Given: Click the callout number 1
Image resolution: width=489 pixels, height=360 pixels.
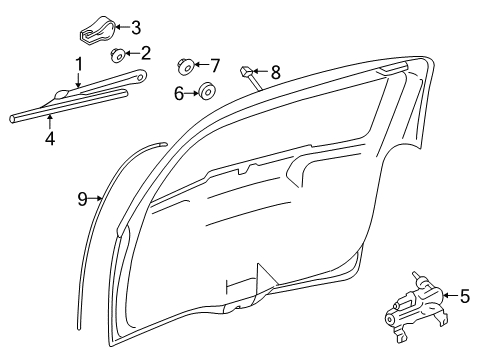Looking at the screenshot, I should [76, 66].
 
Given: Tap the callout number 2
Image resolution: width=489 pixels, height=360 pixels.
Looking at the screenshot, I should [146, 53].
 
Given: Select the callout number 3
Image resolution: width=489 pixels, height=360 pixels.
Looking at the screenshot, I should [136, 27].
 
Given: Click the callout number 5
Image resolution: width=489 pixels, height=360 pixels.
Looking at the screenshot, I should [464, 296].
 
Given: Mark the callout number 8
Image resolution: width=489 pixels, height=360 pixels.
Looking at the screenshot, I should [275, 71].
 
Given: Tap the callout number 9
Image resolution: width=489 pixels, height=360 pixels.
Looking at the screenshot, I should [85, 198].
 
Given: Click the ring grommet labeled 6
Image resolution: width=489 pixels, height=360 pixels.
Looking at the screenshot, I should [206, 93].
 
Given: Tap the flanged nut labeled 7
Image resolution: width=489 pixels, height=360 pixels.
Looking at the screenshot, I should [186, 67].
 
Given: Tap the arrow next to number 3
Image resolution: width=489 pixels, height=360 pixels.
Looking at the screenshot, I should [122, 27].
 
